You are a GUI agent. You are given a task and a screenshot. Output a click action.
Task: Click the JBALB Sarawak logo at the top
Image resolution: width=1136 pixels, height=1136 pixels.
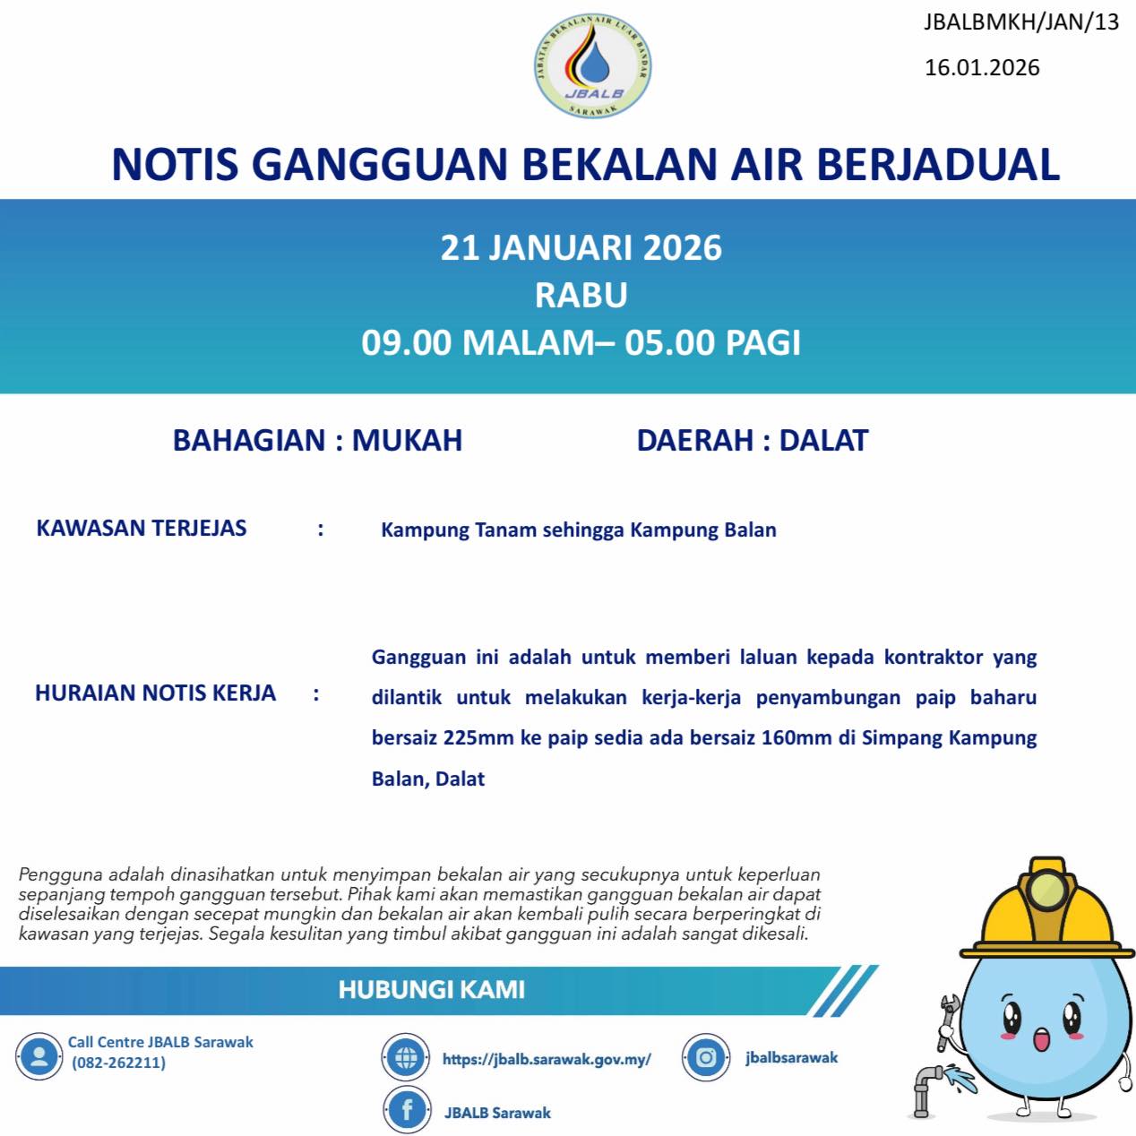point(592,66)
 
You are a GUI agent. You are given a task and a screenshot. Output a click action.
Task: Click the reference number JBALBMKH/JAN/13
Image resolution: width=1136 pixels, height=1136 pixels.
point(1021,22)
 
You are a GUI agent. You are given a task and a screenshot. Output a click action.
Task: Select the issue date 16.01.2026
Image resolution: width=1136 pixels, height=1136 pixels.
point(982,68)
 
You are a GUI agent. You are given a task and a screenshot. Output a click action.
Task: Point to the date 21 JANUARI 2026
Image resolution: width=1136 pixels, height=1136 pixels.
point(581,248)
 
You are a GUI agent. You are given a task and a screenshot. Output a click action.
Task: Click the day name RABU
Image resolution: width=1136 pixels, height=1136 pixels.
point(581,296)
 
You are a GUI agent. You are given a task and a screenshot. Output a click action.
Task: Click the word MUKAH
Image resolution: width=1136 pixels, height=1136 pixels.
point(407,441)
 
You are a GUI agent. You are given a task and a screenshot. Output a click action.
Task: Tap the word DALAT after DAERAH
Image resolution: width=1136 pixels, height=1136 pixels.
point(823,441)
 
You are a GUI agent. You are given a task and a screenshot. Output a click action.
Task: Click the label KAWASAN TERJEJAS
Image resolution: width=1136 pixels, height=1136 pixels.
point(142,529)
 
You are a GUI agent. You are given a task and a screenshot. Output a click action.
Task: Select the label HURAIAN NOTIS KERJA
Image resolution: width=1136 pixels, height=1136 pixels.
point(155,693)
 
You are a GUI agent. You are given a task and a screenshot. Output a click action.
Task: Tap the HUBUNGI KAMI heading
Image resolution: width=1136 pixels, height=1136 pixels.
point(432,990)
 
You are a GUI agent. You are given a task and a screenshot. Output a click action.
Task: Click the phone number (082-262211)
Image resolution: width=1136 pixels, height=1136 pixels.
point(118,1063)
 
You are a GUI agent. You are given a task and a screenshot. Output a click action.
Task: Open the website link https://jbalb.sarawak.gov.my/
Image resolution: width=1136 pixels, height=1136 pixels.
point(546,1059)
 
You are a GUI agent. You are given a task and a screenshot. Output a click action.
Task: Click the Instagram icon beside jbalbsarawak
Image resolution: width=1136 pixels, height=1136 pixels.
point(706,1058)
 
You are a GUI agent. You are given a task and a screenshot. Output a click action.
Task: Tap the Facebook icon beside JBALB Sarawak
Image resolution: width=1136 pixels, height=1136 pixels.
point(407,1111)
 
